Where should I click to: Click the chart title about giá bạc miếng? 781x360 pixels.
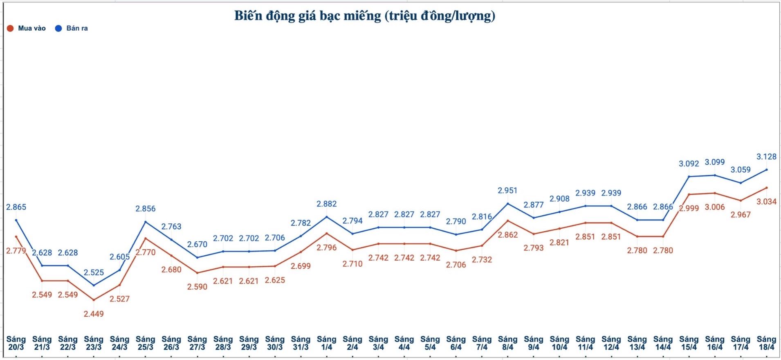[x=364, y=16]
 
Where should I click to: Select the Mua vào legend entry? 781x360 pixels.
[x=27, y=28]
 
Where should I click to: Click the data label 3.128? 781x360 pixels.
[x=766, y=157]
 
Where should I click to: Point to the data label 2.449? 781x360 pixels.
[x=94, y=314]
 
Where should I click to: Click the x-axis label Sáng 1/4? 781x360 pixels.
[x=326, y=343]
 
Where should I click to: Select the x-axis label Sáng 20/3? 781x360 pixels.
[x=16, y=343]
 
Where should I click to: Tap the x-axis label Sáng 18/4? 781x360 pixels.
[x=766, y=343]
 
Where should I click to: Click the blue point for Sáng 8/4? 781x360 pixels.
[x=507, y=204]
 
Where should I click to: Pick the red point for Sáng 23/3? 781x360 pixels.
[x=94, y=300]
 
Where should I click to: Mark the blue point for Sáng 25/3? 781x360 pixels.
[x=146, y=222]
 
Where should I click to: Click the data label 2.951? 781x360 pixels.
[x=507, y=191]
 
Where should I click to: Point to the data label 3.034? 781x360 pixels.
[x=766, y=201]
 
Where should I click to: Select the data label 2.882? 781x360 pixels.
[x=326, y=204]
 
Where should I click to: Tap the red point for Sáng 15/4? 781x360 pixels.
[x=689, y=194]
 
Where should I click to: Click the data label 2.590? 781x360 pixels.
[x=197, y=287]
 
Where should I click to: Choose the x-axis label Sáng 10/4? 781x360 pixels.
[x=559, y=343]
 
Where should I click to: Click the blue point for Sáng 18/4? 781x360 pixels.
[x=766, y=169]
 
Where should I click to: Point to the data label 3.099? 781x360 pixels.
[x=715, y=162]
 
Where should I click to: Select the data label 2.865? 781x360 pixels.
[x=16, y=207]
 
